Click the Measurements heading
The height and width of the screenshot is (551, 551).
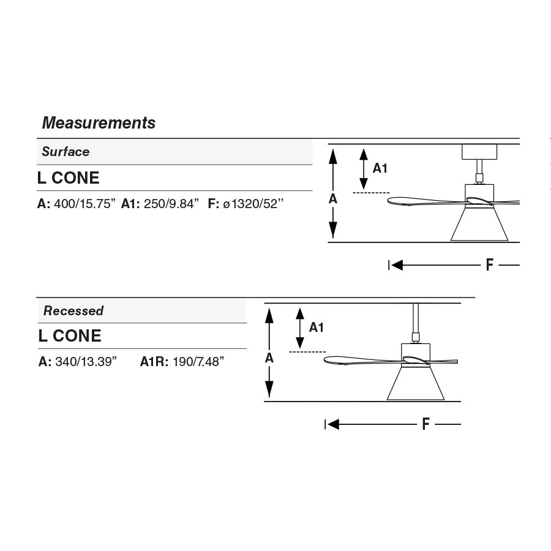coord(99,123)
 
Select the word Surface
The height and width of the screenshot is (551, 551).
coord(66,152)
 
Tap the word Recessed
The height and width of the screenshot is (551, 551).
coord(73,311)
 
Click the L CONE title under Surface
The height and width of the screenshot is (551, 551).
coord(68,178)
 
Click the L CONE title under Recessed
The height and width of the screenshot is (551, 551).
coord(69,336)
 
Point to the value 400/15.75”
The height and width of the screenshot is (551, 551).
coord(85,204)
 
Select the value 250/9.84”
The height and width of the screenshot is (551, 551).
coord(171,204)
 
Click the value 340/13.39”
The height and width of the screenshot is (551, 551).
coord(86,362)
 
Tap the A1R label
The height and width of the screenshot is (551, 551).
coord(154,362)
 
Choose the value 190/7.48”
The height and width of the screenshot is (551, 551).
coord(198,362)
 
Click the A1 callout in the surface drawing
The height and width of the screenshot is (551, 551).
coord(380,168)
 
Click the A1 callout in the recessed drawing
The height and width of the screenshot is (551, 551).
coord(316,328)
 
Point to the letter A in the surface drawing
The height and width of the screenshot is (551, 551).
coord(333,198)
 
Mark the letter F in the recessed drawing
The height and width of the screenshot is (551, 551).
coord(425,424)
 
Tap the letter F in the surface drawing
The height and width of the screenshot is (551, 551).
coord(489,265)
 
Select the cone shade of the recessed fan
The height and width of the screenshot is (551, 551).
coord(416,384)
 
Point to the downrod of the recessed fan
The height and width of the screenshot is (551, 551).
coord(416,318)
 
